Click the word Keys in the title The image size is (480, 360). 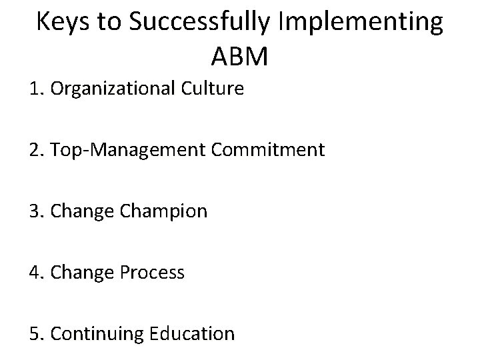tap(60, 23)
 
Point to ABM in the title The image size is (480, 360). tap(239, 57)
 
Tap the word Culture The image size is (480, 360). tap(213, 89)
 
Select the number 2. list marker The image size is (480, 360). tap(36, 150)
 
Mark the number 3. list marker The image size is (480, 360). tap(36, 211)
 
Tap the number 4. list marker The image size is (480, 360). tap(36, 273)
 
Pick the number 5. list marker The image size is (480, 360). tap(36, 333)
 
